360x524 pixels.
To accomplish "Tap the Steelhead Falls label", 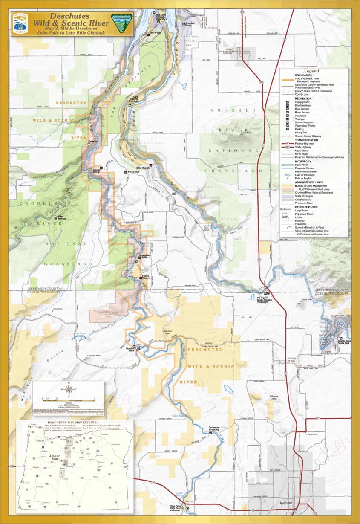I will point(143,256).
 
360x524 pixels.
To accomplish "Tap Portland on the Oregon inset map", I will point(40,440).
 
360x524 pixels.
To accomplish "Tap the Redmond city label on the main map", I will point(286,503).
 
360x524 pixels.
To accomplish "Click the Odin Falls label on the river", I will point(178,415).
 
